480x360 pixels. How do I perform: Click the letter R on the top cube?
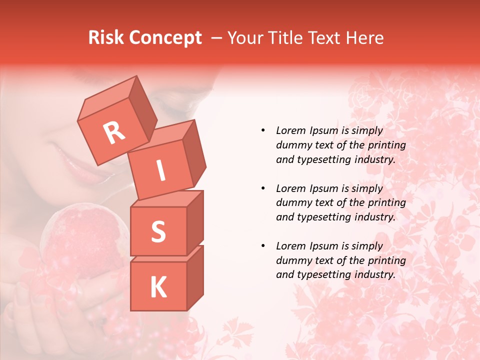pyautogui.click(x=114, y=132)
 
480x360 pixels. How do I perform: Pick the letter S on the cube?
pyautogui.click(x=158, y=231)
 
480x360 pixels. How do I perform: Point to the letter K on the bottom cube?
pyautogui.click(x=158, y=287)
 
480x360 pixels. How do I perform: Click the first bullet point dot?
pyautogui.click(x=263, y=130)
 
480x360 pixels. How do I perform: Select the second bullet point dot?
pyautogui.click(x=263, y=188)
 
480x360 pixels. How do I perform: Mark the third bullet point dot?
pyautogui.click(x=263, y=246)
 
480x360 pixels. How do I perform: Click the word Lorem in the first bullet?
pyautogui.click(x=290, y=130)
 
